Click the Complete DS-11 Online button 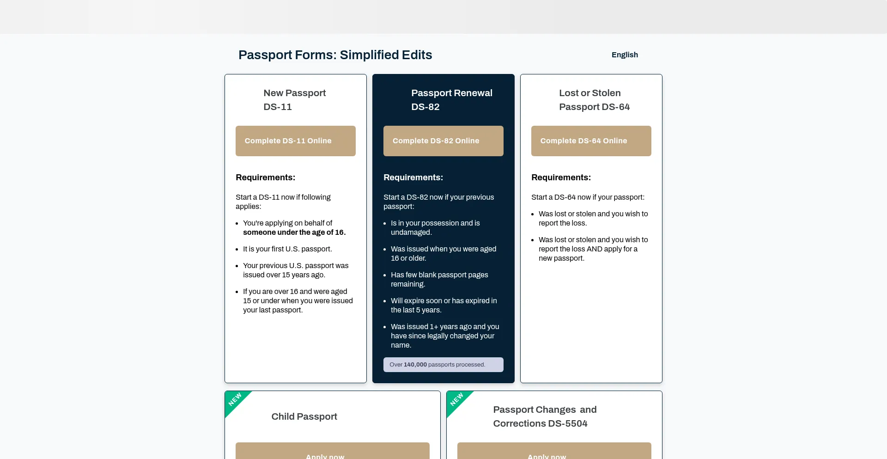click(x=295, y=141)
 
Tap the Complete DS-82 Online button click(x=443, y=141)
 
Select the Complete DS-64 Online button click(x=591, y=141)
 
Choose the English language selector click(x=625, y=55)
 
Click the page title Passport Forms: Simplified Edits click(x=335, y=55)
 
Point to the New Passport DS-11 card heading click(x=295, y=100)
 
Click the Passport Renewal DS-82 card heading click(x=451, y=100)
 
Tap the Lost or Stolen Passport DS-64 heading click(x=594, y=100)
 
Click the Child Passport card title click(x=304, y=416)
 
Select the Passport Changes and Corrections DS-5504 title click(x=545, y=416)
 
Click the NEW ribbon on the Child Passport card click(x=235, y=400)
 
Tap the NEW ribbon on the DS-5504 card click(x=457, y=400)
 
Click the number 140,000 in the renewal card click(x=415, y=365)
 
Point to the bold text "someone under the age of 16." click(x=294, y=233)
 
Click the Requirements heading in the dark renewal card click(x=413, y=177)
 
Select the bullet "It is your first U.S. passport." click(x=287, y=249)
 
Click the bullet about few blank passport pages click(x=439, y=279)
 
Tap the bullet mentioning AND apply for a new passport click(x=593, y=249)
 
